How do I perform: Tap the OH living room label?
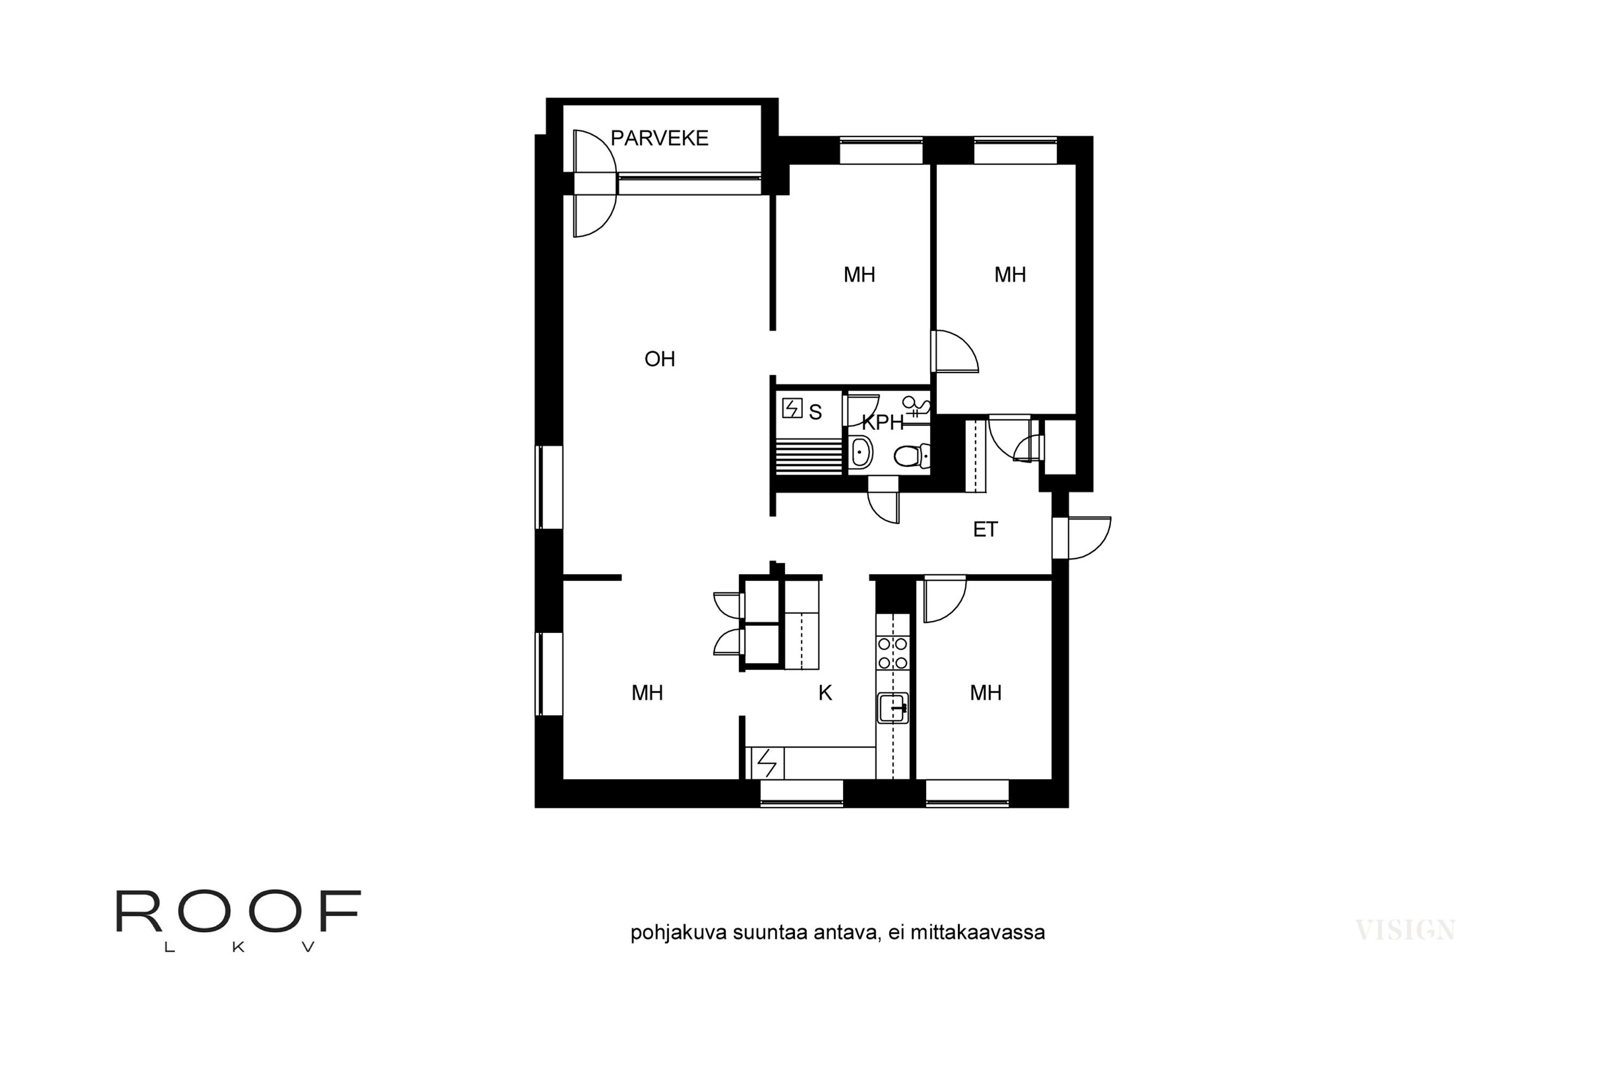tap(660, 359)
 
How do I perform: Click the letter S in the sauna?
tap(815, 412)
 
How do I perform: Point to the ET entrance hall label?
tap(985, 529)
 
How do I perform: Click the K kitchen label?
tap(825, 693)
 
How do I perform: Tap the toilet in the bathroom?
tap(910, 455)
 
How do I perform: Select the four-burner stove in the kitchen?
tap(893, 653)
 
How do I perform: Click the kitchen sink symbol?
tap(893, 708)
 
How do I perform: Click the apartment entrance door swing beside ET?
tap(1088, 538)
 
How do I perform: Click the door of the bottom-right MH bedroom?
tap(944, 600)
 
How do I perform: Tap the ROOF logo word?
tap(238, 911)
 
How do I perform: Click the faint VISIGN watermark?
tap(1405, 930)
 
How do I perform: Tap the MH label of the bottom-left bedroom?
tap(647, 693)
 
